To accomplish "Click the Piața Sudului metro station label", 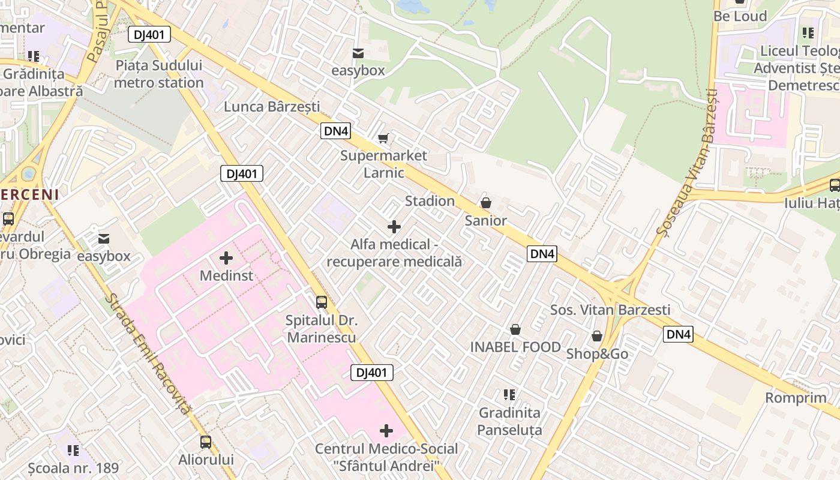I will click(158, 74).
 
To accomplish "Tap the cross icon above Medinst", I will click(226, 258).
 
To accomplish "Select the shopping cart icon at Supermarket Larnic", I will click(383, 139).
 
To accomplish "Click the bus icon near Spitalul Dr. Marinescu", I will click(322, 302).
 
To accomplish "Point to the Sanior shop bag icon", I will click(486, 203).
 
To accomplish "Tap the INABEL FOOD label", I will click(515, 347).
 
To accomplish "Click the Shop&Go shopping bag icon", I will click(597, 336).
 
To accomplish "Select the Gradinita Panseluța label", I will click(509, 421).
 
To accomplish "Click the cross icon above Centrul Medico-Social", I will click(386, 431).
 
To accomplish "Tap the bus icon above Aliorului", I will click(206, 442).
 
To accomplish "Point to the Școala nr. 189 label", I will click(73, 467).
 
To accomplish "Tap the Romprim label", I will click(796, 398).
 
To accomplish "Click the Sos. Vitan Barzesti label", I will click(610, 310).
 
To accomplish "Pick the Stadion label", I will click(430, 201).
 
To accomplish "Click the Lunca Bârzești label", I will click(272, 107).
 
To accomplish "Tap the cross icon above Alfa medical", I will click(394, 227).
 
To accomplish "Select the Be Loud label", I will click(740, 16).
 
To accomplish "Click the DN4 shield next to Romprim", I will click(678, 334).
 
